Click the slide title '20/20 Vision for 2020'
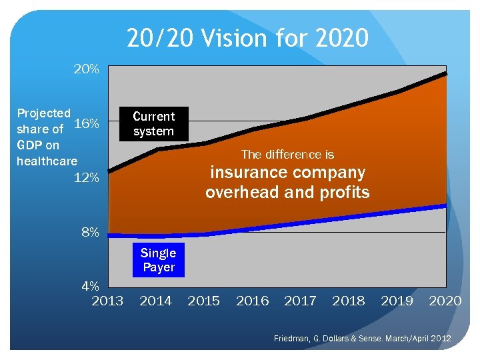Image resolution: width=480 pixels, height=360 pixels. coord(247,38)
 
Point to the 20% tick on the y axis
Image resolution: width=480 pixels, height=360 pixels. coord(87,69)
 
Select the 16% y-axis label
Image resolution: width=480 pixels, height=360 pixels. coord(87,124)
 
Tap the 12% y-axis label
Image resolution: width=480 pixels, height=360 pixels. coord(87,178)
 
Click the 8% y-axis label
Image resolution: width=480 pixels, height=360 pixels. coord(90,233)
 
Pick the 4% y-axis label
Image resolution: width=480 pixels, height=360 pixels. coord(90,287)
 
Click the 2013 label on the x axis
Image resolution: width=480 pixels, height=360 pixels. coord(107,301)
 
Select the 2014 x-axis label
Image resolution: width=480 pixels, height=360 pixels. coord(155,301)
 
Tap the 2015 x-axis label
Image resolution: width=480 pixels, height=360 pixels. coord(204,301)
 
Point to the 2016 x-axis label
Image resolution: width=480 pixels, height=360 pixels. coord(252,301)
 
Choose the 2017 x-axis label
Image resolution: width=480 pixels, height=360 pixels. coord(301,301)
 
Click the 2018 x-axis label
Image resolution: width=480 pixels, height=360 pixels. coord(349,301)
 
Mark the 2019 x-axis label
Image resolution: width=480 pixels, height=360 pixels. coord(397,301)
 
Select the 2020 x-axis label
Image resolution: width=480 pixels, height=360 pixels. coord(445,301)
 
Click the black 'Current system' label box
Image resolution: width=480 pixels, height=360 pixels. coord(153,124)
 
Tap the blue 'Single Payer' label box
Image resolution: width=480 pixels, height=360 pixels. coord(159,260)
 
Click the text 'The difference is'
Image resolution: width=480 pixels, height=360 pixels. coord(287,155)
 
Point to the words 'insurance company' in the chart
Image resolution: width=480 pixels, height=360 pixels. coord(287,173)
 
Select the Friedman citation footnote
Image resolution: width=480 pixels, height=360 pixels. coord(362,339)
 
